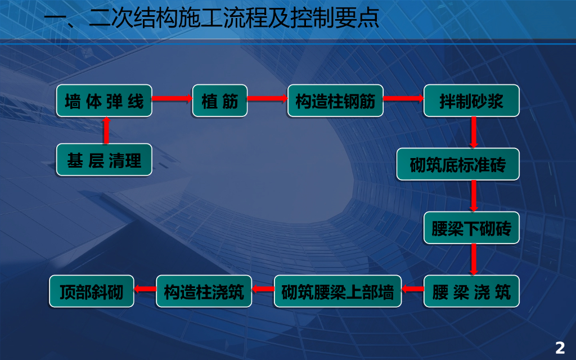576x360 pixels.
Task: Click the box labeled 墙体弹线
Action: click(104, 101)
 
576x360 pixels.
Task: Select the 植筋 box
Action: click(219, 101)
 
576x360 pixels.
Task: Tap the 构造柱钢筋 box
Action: click(335, 101)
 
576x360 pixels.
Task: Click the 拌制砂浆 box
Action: click(471, 101)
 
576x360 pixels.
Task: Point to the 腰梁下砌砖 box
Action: click(471, 228)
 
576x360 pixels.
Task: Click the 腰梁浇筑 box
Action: click(471, 291)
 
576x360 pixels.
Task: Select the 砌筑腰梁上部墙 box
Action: click(337, 291)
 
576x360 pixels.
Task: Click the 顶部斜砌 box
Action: click(92, 291)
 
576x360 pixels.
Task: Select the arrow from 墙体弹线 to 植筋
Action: click(172, 100)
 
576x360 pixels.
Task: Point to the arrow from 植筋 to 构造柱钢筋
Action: click(267, 100)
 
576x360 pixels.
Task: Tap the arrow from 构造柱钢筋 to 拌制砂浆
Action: click(403, 98)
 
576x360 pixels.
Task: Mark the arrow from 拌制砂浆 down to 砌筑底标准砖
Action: click(474, 132)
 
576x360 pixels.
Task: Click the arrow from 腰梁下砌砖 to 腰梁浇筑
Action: click(474, 259)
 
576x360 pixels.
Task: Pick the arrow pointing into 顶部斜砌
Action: click(145, 290)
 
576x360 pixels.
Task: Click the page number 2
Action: click(560, 348)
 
